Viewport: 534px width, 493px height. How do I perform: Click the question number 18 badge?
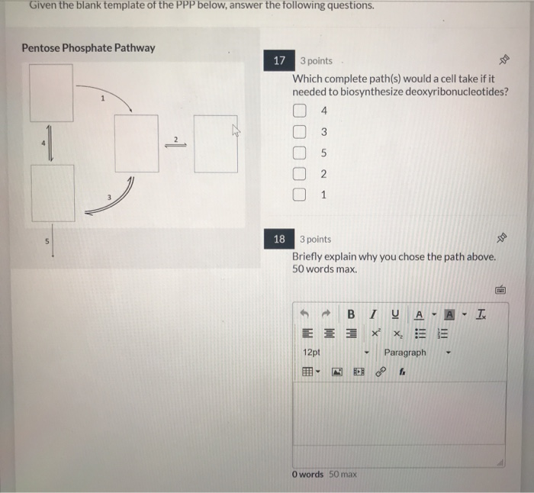(x=279, y=240)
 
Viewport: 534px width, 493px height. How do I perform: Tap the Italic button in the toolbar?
(x=373, y=314)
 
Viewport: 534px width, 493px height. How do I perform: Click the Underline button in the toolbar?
(x=395, y=314)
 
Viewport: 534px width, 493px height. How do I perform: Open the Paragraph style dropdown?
(x=416, y=353)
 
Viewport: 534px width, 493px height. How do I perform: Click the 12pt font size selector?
(x=336, y=353)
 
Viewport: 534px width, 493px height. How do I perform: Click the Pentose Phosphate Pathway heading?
(x=88, y=48)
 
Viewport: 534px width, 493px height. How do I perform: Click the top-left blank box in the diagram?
(x=52, y=92)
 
